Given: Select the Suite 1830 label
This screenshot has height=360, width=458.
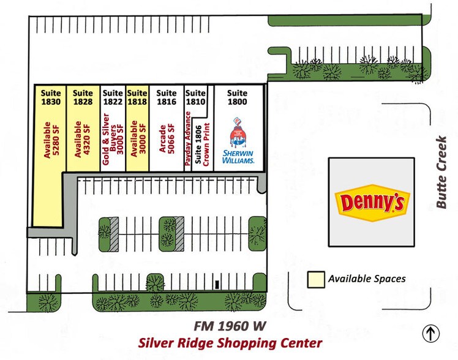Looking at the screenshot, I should click(51, 98).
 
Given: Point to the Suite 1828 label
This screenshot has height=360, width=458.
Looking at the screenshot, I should click(83, 98).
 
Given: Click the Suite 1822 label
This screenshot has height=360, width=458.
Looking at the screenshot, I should click(113, 98).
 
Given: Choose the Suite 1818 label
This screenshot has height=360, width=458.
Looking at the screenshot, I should click(138, 98).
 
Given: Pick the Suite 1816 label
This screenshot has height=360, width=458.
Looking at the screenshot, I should click(166, 98).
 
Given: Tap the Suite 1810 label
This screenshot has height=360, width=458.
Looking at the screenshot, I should click(195, 98).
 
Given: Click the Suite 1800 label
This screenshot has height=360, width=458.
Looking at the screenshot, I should click(237, 98).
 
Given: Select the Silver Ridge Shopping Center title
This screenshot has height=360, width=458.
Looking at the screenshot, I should click(230, 343).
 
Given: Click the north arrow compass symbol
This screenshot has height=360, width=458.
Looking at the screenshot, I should click(432, 334).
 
